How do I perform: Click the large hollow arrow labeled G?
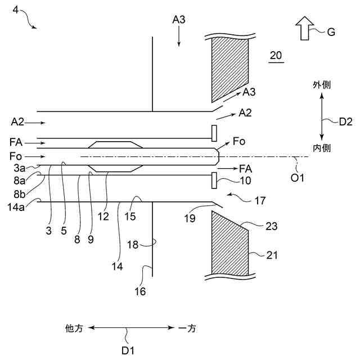tap(305, 28)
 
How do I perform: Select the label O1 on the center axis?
tap(297, 178)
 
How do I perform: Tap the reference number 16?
tap(139, 291)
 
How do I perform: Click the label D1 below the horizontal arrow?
tap(128, 350)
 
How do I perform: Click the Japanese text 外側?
tap(321, 85)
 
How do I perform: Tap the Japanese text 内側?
tap(321, 148)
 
